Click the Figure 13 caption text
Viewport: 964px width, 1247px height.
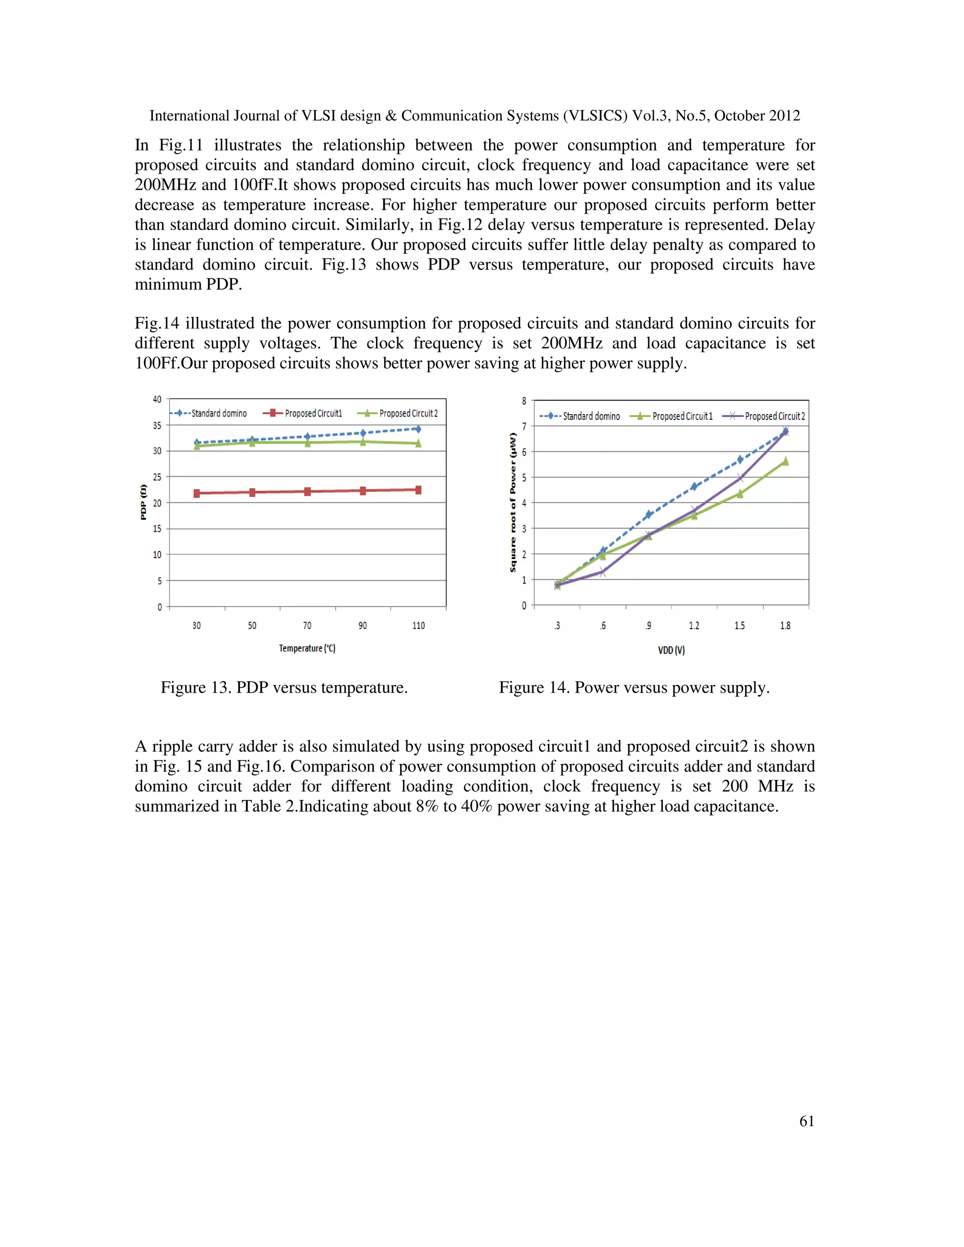pyautogui.click(x=284, y=687)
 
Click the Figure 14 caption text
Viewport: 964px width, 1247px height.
pyautogui.click(x=634, y=687)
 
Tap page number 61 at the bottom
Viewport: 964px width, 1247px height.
pyautogui.click(x=806, y=1121)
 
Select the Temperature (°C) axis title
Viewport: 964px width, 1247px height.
pyautogui.click(x=307, y=648)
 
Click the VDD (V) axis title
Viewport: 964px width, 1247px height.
pyautogui.click(x=671, y=650)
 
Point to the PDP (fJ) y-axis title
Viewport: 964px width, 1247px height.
pyautogui.click(x=144, y=502)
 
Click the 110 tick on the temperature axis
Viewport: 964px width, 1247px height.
pyautogui.click(x=418, y=626)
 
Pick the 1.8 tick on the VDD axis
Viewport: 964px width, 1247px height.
pyautogui.click(x=785, y=626)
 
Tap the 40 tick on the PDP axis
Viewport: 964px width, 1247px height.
pyautogui.click(x=157, y=399)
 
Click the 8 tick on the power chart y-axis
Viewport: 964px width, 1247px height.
pyautogui.click(x=524, y=401)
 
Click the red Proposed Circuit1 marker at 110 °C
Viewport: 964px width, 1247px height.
pyautogui.click(x=418, y=490)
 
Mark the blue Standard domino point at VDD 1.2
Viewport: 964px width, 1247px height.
pyautogui.click(x=694, y=487)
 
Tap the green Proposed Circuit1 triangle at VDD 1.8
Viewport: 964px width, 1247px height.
pyautogui.click(x=785, y=461)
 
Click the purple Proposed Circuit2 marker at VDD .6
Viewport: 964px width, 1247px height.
pyautogui.click(x=602, y=572)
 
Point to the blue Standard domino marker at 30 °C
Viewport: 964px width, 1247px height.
pyautogui.click(x=196, y=442)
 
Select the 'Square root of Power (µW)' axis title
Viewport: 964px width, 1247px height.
pyautogui.click(x=513, y=502)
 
